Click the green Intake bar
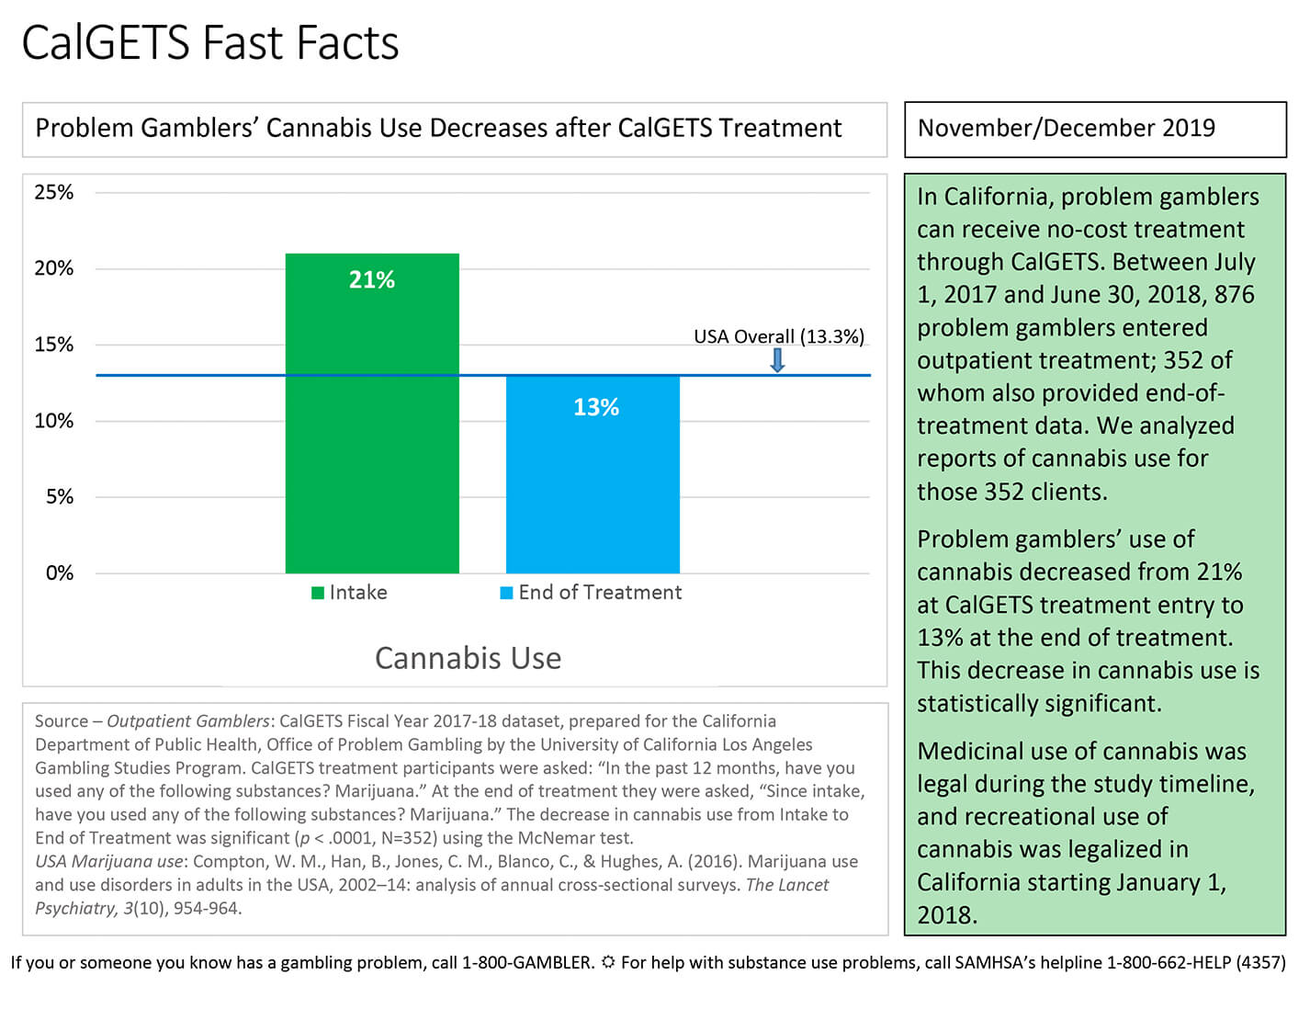(x=372, y=413)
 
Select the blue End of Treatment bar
(x=593, y=474)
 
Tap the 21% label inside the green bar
(x=372, y=279)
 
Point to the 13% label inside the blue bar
(x=596, y=407)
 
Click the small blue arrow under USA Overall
(x=778, y=360)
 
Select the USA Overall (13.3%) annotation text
(x=779, y=336)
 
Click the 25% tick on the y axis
(x=53, y=192)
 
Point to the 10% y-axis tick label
(x=53, y=421)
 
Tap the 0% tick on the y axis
(x=60, y=573)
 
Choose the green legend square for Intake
(x=318, y=593)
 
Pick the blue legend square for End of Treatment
(x=506, y=593)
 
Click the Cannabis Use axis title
(x=468, y=658)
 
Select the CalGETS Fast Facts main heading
(x=209, y=43)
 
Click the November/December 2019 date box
(x=1095, y=130)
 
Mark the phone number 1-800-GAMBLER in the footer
(x=526, y=962)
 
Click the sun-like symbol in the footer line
(x=607, y=962)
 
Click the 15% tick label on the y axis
(x=53, y=345)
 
